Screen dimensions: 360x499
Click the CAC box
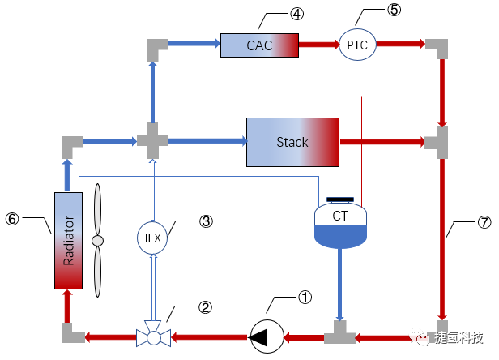coord(259,45)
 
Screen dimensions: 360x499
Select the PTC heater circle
coord(357,45)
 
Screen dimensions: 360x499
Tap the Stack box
coord(292,142)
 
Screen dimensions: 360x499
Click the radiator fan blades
coord(99,241)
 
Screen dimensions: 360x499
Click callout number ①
coord(305,298)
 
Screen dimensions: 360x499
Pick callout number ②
coord(206,307)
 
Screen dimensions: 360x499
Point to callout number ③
coord(206,221)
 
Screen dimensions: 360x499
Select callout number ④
coord(275,14)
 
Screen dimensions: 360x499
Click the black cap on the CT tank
coord(339,199)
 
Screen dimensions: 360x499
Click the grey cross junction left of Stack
coord(151,142)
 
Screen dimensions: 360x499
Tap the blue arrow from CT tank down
coord(340,284)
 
